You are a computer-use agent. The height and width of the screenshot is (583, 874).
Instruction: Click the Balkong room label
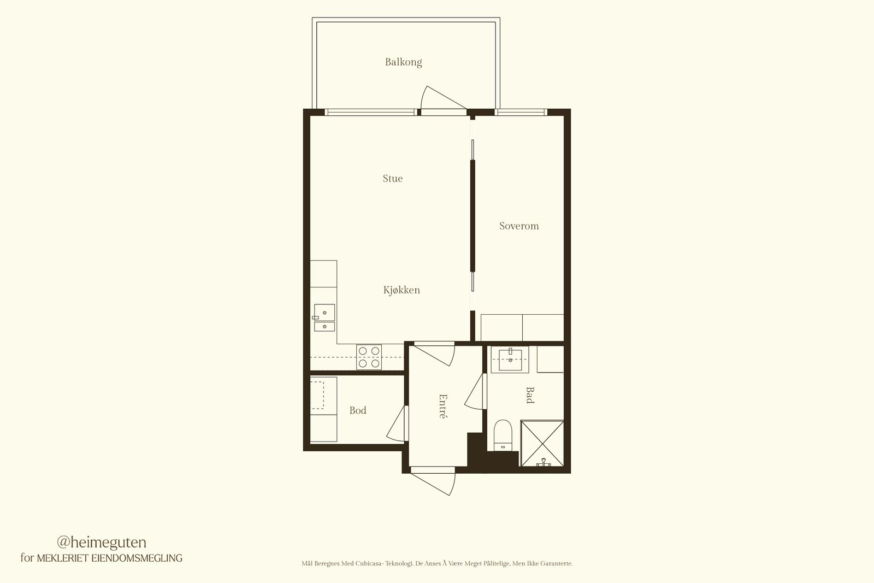pyautogui.click(x=404, y=62)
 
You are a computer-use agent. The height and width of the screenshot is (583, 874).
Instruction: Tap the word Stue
pyautogui.click(x=393, y=178)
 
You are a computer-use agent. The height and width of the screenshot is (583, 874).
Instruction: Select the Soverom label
pyautogui.click(x=519, y=226)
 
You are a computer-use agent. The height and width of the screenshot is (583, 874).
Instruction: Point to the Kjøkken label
pyautogui.click(x=401, y=290)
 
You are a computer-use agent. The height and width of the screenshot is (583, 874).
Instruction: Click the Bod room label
pyautogui.click(x=358, y=410)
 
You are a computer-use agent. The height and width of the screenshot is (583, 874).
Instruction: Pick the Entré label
pyautogui.click(x=442, y=406)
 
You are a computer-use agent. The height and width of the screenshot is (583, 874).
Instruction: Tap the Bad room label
pyautogui.click(x=530, y=395)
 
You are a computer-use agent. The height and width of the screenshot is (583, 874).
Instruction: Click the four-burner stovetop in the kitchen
pyautogui.click(x=369, y=357)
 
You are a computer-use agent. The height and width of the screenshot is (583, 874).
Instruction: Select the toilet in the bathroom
pyautogui.click(x=503, y=435)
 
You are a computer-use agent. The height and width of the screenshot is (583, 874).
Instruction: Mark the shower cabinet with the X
pyautogui.click(x=542, y=443)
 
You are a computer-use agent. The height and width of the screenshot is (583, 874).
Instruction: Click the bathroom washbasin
pyautogui.click(x=510, y=360)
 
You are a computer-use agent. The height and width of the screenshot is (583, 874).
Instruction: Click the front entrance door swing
pyautogui.click(x=433, y=481)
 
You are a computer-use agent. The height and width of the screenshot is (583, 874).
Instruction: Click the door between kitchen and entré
pyautogui.click(x=434, y=354)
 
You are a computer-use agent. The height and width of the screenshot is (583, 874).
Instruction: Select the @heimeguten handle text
pyautogui.click(x=102, y=543)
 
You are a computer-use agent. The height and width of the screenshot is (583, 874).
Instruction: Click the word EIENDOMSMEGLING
pyautogui.click(x=137, y=558)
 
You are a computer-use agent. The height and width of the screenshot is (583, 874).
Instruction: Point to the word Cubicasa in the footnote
pyautogui.click(x=369, y=564)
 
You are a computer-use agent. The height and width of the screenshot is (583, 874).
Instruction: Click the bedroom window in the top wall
pyautogui.click(x=522, y=113)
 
